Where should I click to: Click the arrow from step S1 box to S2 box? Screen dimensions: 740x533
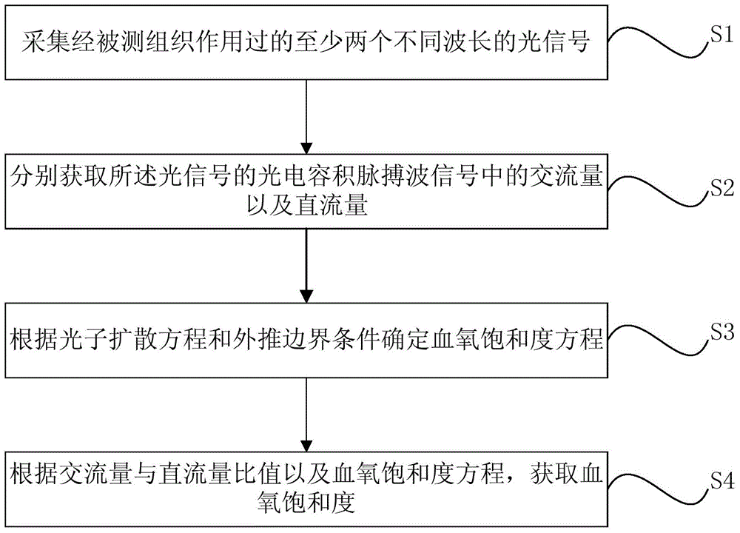coord(306,117)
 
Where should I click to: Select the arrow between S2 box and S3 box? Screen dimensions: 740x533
coord(306,266)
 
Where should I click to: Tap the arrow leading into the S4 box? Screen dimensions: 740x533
coord(306,415)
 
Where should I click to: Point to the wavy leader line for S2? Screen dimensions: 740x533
coord(658,191)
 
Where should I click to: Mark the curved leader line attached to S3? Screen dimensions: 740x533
coord(658,340)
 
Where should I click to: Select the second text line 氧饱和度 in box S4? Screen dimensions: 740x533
coord(306,503)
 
